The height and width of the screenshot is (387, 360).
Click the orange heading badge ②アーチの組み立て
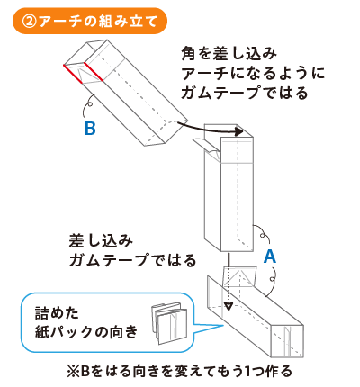point(89,21)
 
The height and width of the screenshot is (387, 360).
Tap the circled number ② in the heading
point(30,22)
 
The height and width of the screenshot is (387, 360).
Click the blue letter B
point(90,129)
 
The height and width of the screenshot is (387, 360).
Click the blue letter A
point(270,256)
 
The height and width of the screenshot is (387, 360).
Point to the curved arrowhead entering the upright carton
point(238,131)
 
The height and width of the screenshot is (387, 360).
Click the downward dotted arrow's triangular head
point(229,307)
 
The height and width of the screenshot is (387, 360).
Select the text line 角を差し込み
point(229,54)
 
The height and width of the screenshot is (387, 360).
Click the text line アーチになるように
point(253,74)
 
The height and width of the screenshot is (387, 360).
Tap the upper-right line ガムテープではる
point(245,93)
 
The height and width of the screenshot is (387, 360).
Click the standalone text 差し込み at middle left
point(101,241)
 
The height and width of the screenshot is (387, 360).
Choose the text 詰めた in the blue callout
point(57,313)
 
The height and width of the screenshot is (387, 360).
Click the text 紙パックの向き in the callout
point(86,332)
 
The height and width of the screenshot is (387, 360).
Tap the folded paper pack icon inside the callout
point(168,323)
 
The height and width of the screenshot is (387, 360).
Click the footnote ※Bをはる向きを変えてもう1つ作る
point(179,372)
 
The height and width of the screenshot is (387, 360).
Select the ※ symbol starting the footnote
point(73,372)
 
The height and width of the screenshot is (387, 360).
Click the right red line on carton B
point(94,72)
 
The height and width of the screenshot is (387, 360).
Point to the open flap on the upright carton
point(207,148)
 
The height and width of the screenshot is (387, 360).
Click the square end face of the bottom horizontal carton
point(287,341)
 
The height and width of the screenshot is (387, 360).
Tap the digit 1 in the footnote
point(248,372)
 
